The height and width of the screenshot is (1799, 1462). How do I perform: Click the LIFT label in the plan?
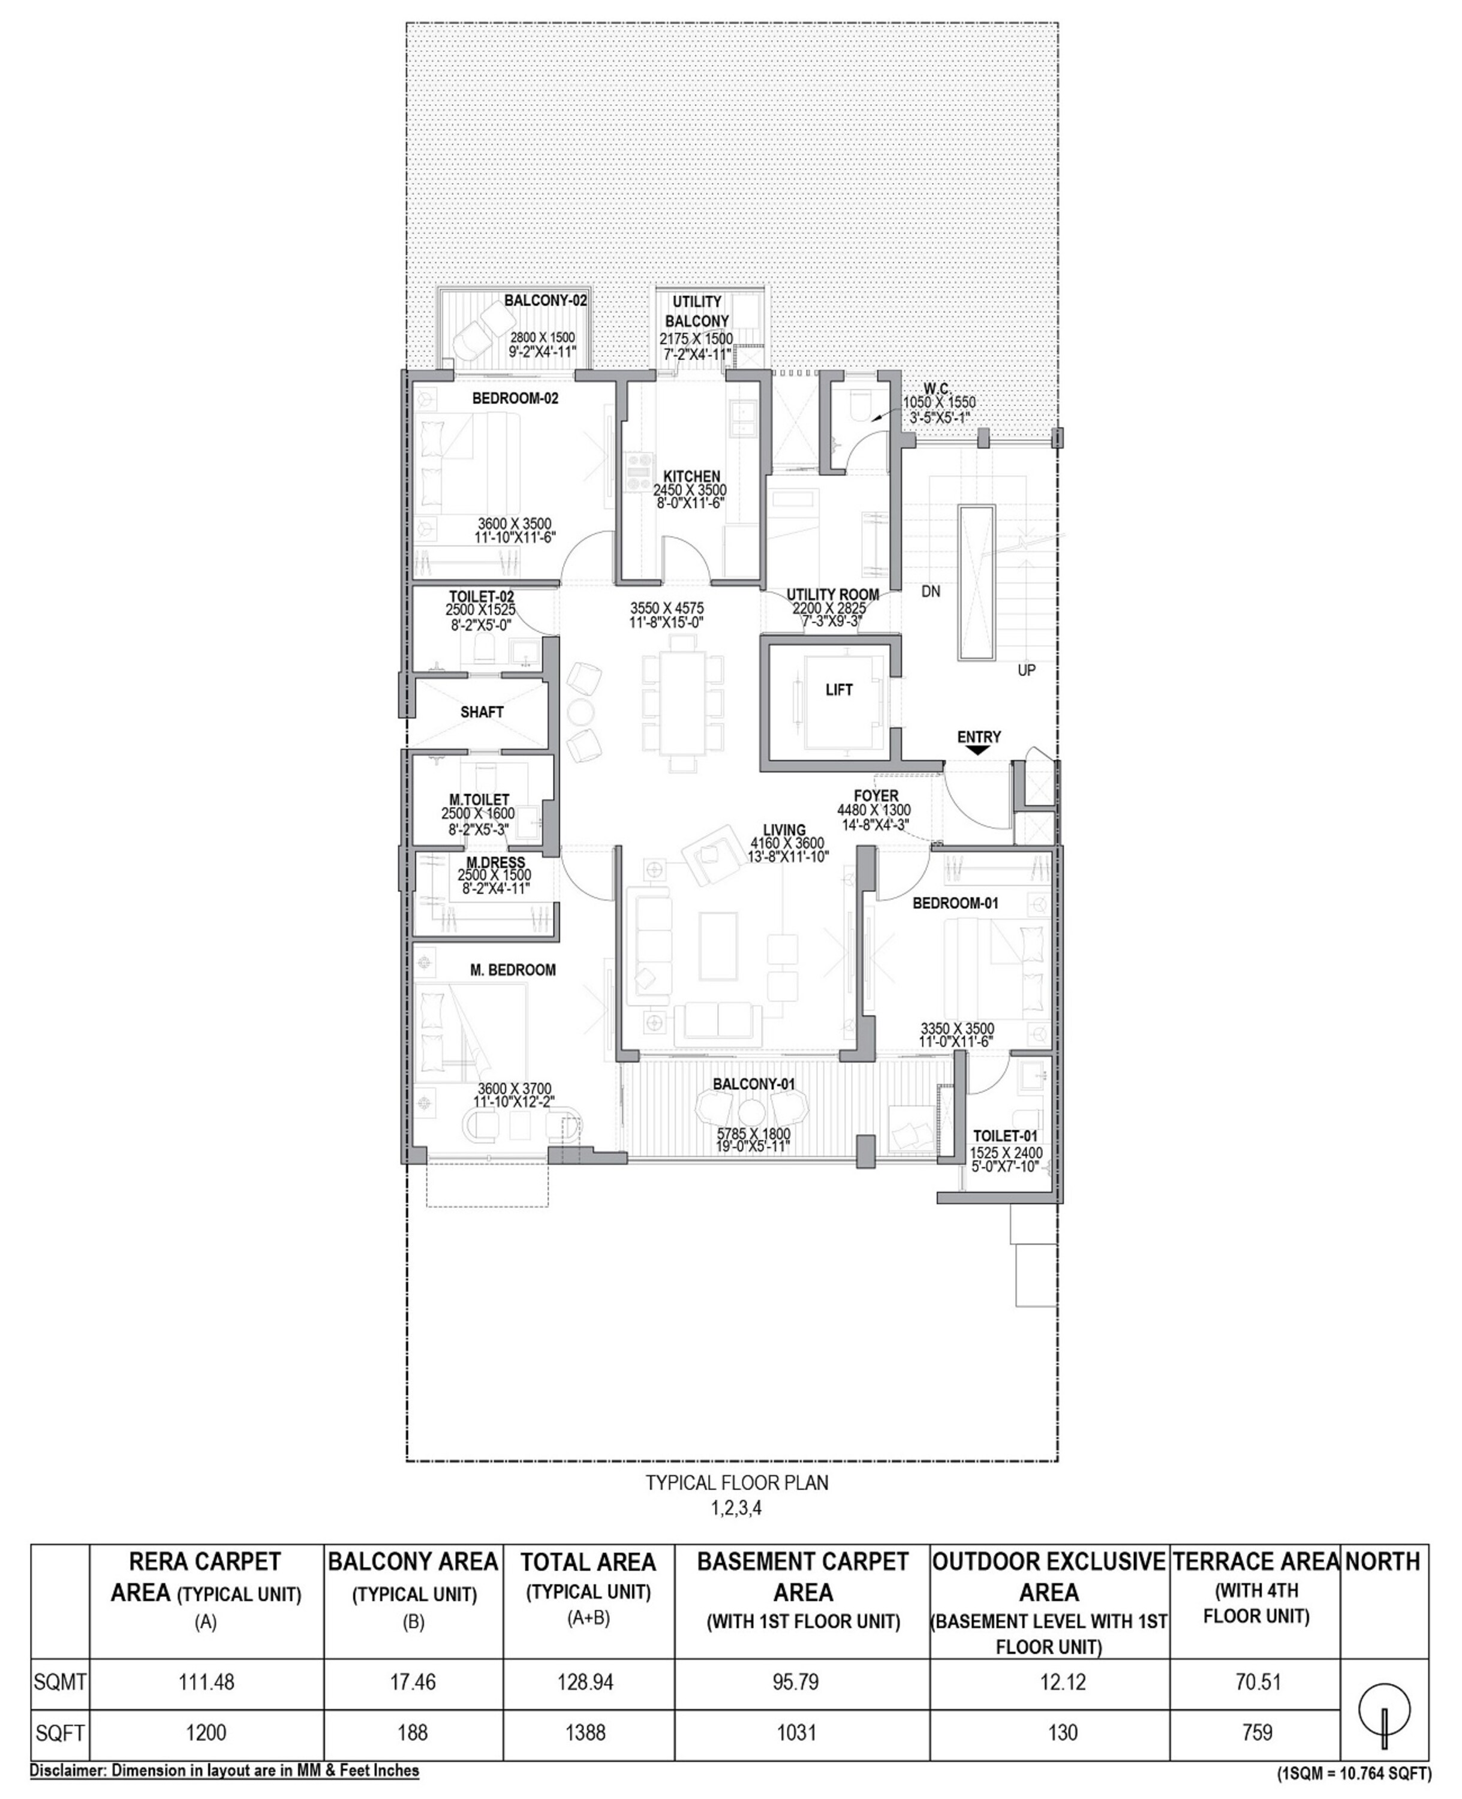click(x=839, y=690)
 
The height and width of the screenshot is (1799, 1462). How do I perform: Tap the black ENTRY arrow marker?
click(x=977, y=750)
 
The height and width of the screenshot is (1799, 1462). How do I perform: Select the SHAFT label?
click(x=482, y=712)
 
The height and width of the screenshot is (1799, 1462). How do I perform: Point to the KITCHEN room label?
click(x=691, y=476)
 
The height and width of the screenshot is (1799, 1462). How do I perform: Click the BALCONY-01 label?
click(x=754, y=1084)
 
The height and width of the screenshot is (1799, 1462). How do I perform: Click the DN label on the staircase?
click(x=931, y=591)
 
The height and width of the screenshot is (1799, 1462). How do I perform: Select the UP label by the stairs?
click(x=1026, y=670)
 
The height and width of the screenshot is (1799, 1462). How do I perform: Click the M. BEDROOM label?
click(x=513, y=970)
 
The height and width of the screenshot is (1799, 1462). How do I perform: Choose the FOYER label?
click(x=876, y=796)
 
